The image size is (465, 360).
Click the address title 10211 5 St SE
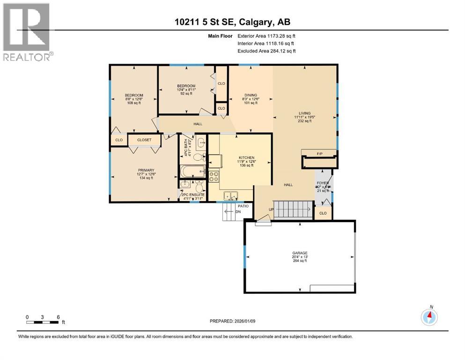click(232, 22)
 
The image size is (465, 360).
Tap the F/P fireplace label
click(320, 153)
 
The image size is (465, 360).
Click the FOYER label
click(323, 183)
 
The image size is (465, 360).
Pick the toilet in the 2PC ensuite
click(199, 188)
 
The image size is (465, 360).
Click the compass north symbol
click(429, 317)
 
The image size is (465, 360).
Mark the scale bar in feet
click(43, 322)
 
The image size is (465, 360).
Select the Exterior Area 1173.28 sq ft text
click(266, 36)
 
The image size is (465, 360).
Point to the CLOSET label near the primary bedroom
click(144, 140)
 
